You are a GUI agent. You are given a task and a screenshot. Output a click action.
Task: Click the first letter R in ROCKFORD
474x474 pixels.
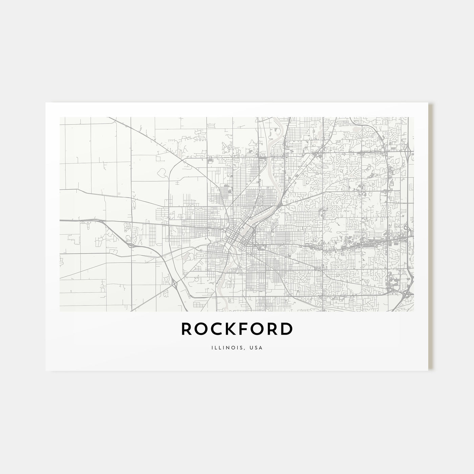(187, 329)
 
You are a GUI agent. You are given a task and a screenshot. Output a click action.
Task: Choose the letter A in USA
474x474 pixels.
(261, 347)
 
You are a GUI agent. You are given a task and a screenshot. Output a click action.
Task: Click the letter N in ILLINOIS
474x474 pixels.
(230, 347)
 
